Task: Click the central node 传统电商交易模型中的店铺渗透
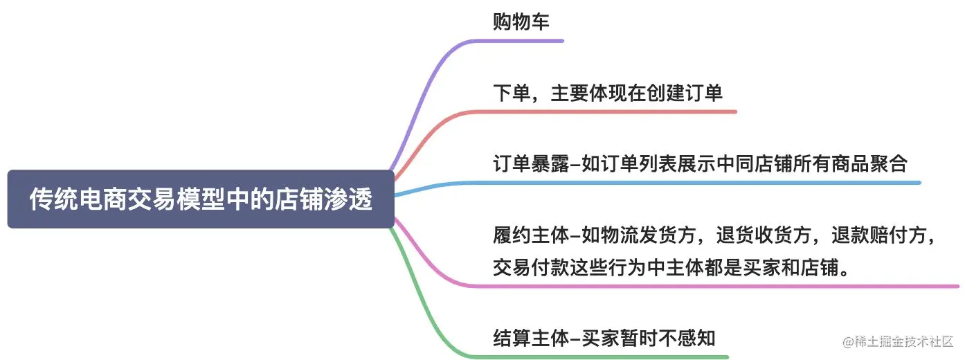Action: pyautogui.click(x=201, y=199)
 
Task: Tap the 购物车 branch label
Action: pyautogui.click(x=521, y=22)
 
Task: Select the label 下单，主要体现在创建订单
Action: pyautogui.click(x=607, y=93)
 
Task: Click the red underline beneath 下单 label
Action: pyautogui.click(x=609, y=111)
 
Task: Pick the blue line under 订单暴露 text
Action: pyautogui.click(x=692, y=183)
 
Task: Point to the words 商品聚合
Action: pyautogui.click(x=880, y=164)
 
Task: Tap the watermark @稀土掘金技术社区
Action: pyautogui.click(x=897, y=341)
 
